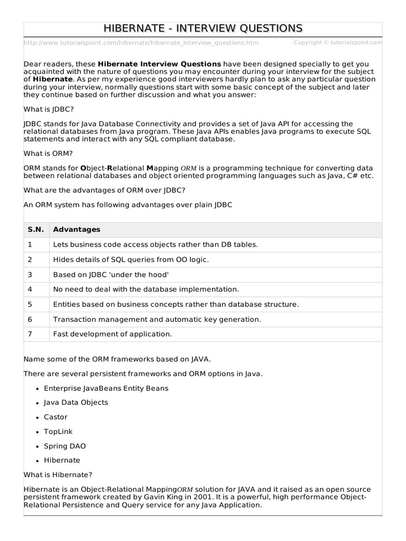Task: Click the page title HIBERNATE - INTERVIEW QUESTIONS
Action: [x=203, y=28]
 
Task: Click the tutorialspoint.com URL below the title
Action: [x=141, y=43]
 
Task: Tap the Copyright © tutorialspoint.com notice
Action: [x=337, y=42]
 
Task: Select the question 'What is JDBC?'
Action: [x=49, y=108]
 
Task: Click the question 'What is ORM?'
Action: [x=48, y=153]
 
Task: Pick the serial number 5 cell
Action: [x=30, y=304]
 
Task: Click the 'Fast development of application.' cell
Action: [x=113, y=334]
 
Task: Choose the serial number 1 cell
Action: [x=30, y=245]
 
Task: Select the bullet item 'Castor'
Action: [x=56, y=417]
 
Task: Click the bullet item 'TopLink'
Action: [x=58, y=432]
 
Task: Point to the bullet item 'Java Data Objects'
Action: [x=76, y=403]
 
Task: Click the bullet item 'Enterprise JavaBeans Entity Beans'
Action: [x=106, y=388]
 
